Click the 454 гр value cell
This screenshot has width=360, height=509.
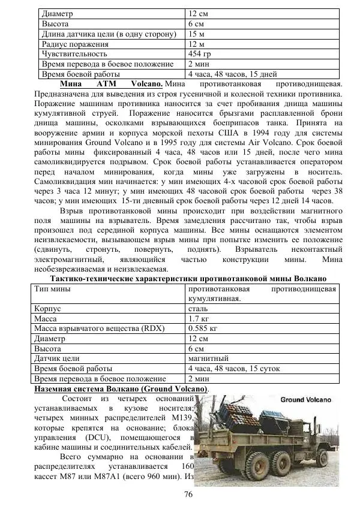[200, 53]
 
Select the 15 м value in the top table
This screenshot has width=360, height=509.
[197, 33]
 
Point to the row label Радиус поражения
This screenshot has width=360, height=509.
[75, 43]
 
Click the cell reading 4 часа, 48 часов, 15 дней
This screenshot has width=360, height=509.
[232, 74]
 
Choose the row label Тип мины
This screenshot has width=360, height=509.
[52, 289]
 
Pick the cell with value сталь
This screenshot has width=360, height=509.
[199, 309]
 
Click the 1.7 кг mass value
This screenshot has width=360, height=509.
[198, 320]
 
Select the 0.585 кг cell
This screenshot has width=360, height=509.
[203, 330]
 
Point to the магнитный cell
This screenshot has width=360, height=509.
[208, 359]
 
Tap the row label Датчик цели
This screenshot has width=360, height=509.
[58, 359]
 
